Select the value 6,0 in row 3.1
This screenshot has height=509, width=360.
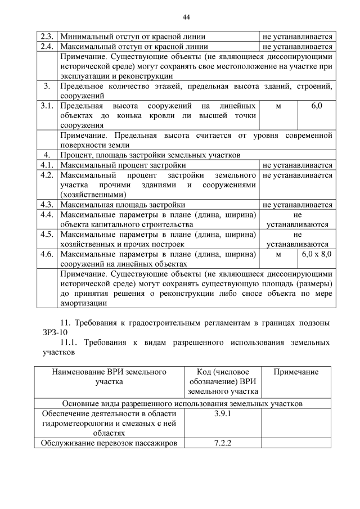coord(317,106)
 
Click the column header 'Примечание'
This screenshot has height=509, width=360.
coord(296,372)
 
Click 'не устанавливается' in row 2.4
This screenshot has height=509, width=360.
coord(298,47)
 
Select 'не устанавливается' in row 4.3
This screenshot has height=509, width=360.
coord(298,205)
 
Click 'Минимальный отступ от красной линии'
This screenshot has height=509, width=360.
coord(133,37)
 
